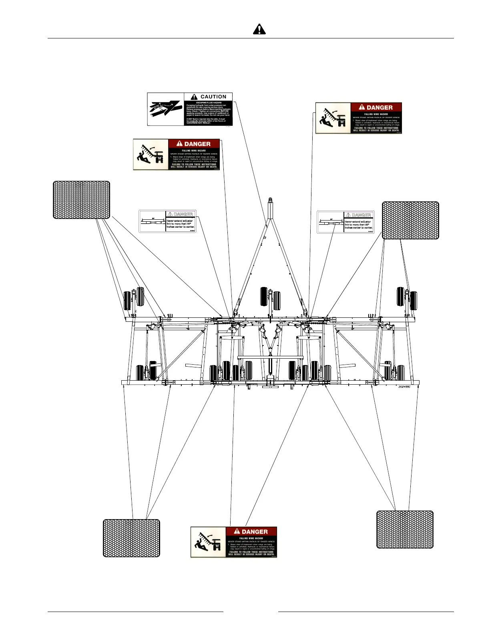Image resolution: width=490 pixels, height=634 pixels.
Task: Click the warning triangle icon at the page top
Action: coord(259,29)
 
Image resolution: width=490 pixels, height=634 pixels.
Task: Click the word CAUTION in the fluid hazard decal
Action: coord(213,97)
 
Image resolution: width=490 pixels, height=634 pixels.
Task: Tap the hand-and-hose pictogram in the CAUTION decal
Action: coord(166,109)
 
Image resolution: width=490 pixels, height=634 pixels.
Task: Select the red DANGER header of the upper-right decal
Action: coord(376,107)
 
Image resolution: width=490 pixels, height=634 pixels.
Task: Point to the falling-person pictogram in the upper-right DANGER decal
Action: coord(333,118)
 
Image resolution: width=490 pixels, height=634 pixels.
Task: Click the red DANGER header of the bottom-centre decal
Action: coord(251,532)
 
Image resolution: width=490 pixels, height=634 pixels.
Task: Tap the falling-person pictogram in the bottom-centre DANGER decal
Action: coord(208,542)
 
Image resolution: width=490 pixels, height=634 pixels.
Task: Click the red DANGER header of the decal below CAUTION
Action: coord(194,144)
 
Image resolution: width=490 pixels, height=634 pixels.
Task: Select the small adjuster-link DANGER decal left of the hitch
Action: coord(167,221)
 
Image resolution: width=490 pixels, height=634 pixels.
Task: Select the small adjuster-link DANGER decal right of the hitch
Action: coord(345,222)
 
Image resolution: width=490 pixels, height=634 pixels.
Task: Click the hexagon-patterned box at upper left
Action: coord(82,200)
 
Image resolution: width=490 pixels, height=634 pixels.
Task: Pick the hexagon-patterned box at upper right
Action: coord(410,221)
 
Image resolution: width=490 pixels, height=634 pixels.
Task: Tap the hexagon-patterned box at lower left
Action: coord(131,538)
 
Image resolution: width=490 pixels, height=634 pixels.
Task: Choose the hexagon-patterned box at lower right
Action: coord(405,529)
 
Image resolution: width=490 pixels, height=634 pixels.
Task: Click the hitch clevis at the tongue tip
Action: coord(270,200)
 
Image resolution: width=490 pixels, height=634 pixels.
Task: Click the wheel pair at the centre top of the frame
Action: coord(270,298)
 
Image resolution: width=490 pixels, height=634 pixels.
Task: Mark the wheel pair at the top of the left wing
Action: coord(134,298)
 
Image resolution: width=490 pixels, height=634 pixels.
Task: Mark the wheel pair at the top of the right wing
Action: coord(406,298)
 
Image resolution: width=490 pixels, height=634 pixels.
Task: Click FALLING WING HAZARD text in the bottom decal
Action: coord(251,538)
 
